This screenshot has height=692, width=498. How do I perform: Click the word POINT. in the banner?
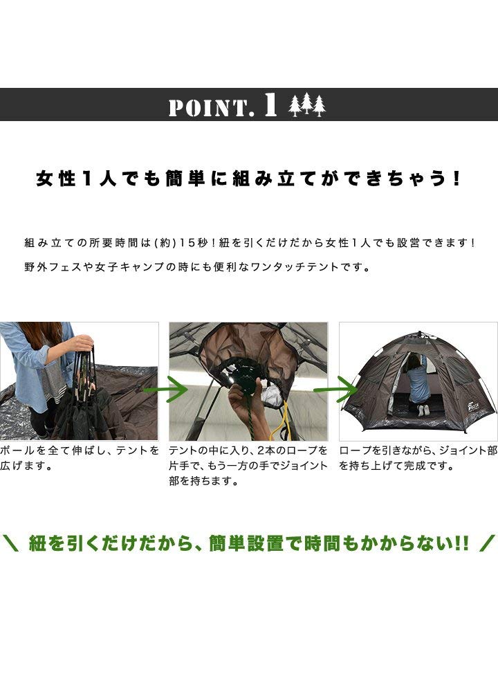(211, 108)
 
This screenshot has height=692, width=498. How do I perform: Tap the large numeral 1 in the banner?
(270, 105)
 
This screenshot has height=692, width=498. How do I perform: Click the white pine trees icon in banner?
(307, 105)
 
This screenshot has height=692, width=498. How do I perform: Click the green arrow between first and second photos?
(165, 389)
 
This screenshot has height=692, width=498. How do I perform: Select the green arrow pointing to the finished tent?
(336, 389)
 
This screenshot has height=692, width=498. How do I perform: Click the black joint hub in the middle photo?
(243, 379)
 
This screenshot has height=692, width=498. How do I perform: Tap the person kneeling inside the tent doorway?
(417, 385)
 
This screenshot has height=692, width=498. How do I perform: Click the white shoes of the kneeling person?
(423, 410)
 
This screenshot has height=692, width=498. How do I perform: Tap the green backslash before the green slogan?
(10, 543)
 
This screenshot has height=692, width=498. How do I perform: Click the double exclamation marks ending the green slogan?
(462, 543)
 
